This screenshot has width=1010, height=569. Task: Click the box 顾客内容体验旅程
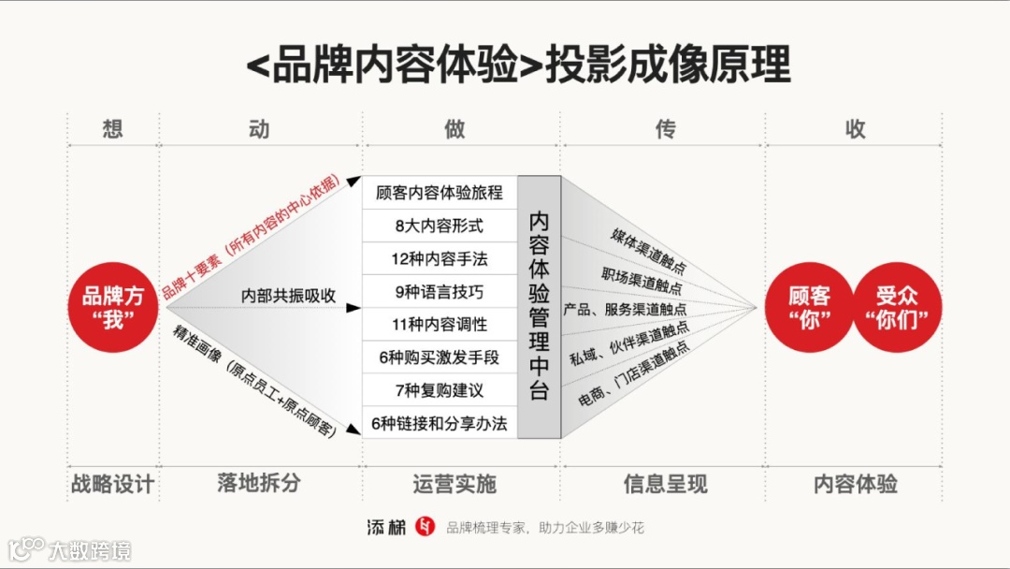click(x=440, y=193)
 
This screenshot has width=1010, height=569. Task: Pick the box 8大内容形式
click(x=440, y=226)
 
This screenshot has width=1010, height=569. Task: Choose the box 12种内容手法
click(x=440, y=258)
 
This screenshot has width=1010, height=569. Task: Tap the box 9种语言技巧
click(x=440, y=292)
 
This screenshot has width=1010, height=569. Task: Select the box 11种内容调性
click(x=440, y=325)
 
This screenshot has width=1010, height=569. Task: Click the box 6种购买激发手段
click(x=440, y=357)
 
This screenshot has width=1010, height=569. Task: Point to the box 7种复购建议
click(x=440, y=390)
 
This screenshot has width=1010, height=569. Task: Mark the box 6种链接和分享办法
click(x=440, y=423)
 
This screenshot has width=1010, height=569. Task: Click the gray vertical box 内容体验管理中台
click(x=539, y=307)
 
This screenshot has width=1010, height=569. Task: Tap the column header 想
click(x=112, y=129)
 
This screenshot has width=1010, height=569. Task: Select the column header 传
click(x=665, y=129)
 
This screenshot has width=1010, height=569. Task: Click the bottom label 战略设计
click(x=112, y=484)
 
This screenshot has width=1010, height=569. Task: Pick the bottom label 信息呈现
click(x=665, y=484)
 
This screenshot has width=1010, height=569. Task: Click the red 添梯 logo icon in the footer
click(x=426, y=527)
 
